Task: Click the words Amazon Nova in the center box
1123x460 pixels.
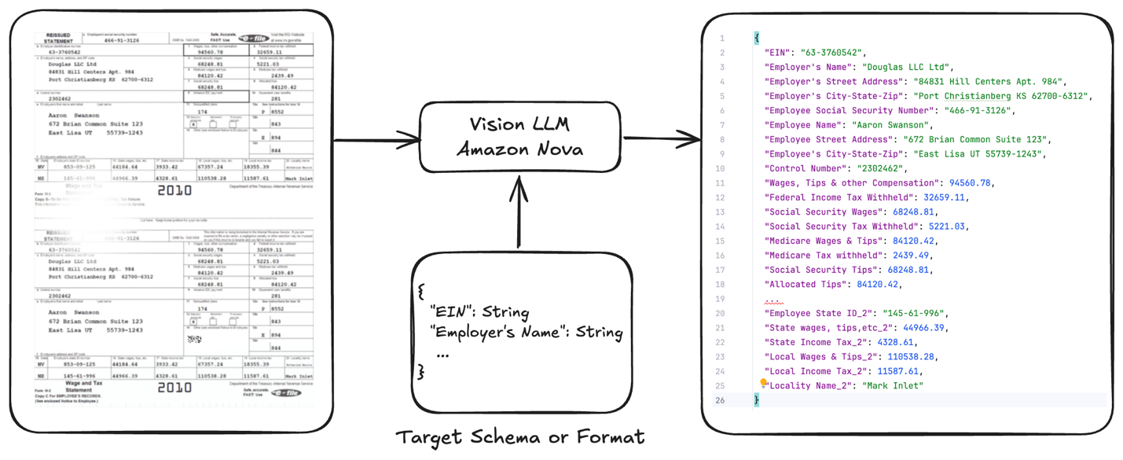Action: click(x=519, y=149)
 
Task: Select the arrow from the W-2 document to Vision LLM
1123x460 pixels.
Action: click(x=377, y=142)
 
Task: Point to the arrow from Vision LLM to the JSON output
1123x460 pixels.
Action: click(x=662, y=140)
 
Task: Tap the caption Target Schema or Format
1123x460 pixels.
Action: click(x=519, y=437)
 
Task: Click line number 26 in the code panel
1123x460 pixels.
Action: click(x=720, y=400)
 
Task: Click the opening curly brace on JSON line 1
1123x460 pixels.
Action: click(x=757, y=38)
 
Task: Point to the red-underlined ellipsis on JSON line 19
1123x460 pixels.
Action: click(x=774, y=300)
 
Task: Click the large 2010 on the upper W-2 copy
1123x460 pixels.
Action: click(x=174, y=190)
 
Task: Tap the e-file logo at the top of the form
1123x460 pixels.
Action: click(x=253, y=39)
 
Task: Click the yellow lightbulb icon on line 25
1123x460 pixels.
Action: click(x=763, y=383)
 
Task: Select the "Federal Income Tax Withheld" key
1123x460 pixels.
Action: click(x=839, y=197)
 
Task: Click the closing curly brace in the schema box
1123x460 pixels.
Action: click(x=422, y=371)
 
